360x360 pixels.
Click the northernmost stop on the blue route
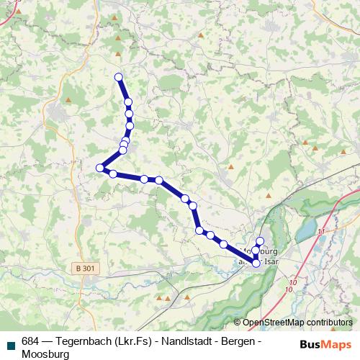coord(119,77)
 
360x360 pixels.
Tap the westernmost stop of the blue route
coord(100,168)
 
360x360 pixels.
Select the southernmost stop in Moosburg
coord(256,264)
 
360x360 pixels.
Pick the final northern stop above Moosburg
coord(260,240)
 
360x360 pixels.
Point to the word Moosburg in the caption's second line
coord(45,354)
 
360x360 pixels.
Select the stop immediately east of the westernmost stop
coord(113,173)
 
